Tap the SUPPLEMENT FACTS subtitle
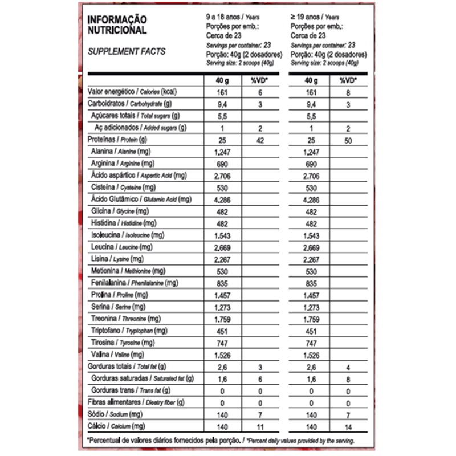click(127, 51)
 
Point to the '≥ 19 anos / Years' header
click(315, 18)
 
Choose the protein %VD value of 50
click(348, 140)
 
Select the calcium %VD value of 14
click(348, 426)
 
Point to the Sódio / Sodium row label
click(115, 414)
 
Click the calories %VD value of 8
click(348, 92)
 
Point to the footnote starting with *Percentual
click(220, 441)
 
